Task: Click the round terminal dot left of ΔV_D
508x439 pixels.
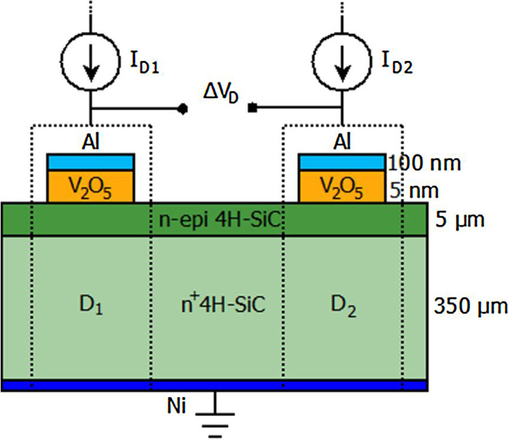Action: pyautogui.click(x=183, y=109)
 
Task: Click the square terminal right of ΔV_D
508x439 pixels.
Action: pyautogui.click(x=253, y=108)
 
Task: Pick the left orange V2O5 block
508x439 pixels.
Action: pyautogui.click(x=91, y=187)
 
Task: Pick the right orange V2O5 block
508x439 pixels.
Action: pyautogui.click(x=342, y=187)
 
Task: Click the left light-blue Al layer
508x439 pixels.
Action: pyautogui.click(x=91, y=163)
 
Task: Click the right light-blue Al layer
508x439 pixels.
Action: pyautogui.click(x=342, y=163)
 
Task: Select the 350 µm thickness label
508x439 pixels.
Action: pyautogui.click(x=470, y=308)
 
